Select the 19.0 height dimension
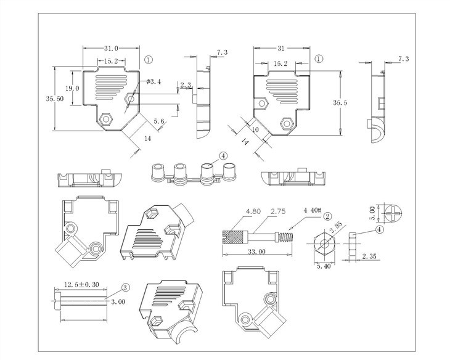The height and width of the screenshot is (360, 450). [73, 89]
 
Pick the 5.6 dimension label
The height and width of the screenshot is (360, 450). [158, 122]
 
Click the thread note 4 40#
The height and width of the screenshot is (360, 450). [312, 210]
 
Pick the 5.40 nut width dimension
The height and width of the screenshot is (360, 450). [323, 267]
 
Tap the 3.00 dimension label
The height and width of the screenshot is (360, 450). [117, 301]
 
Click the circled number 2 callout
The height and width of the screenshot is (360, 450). [328, 216]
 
